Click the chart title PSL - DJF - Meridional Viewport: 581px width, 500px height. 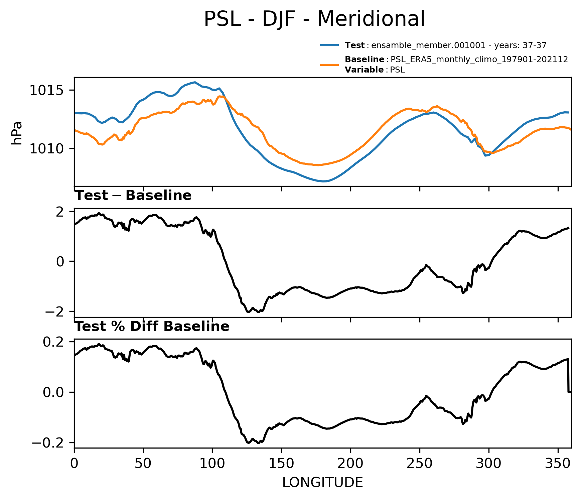pos(314,19)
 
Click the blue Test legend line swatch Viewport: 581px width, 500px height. pos(329,45)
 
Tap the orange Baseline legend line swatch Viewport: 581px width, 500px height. pos(329,65)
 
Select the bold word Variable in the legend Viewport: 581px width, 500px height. pos(364,70)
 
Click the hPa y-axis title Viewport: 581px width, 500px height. pos(17,133)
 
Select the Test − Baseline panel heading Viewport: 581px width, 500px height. pos(133,196)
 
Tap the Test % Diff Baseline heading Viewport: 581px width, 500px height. pos(152,327)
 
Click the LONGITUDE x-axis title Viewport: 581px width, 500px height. pos(323,483)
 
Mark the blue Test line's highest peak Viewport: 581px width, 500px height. pos(195,82)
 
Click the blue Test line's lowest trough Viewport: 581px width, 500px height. pos(323,181)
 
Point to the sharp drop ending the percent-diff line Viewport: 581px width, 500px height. pos(568,375)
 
